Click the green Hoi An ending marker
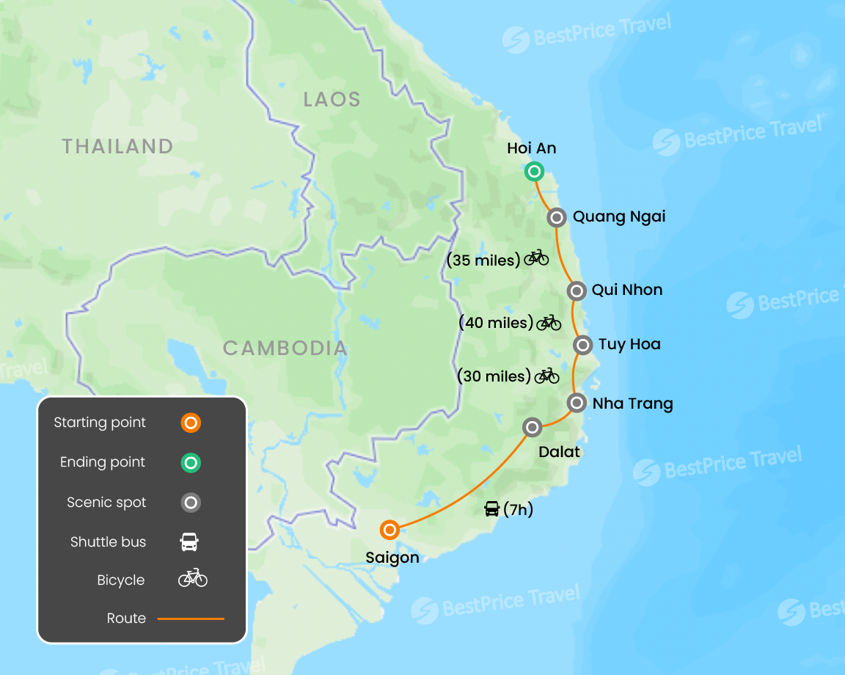pyautogui.click(x=534, y=172)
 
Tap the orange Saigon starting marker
pyautogui.click(x=390, y=530)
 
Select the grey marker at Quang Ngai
pyautogui.click(x=557, y=217)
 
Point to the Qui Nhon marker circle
pyautogui.click(x=577, y=291)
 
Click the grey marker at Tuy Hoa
pyautogui.click(x=582, y=344)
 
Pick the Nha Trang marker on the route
pyautogui.click(x=577, y=403)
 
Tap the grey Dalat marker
pyautogui.click(x=532, y=427)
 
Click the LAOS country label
pyautogui.click(x=332, y=100)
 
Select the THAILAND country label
pyautogui.click(x=117, y=146)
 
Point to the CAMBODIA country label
pyautogui.click(x=285, y=348)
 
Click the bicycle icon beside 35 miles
pyautogui.click(x=536, y=258)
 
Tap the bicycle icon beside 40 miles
pyautogui.click(x=549, y=322)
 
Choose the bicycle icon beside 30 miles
pyautogui.click(x=546, y=376)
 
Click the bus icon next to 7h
pyautogui.click(x=492, y=509)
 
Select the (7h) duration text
pyautogui.click(x=518, y=509)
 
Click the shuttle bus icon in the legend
pyautogui.click(x=189, y=542)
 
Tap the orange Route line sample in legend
pyautogui.click(x=191, y=619)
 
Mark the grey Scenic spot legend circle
pyautogui.click(x=191, y=503)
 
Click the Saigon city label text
pyautogui.click(x=392, y=558)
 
